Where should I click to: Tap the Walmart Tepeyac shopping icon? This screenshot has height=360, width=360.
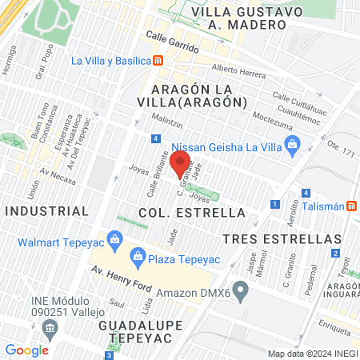[116, 238]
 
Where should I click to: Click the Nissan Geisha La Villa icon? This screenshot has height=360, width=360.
[292, 144]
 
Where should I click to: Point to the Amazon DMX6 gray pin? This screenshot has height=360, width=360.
[238, 288]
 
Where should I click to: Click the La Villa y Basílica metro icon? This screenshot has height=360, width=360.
[158, 61]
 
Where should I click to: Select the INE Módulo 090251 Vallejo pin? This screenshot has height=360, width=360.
[51, 327]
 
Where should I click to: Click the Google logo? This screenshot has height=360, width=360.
[26, 350]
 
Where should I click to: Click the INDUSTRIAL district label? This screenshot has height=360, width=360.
[46, 211]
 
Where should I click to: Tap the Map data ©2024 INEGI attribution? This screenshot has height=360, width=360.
[311, 354]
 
